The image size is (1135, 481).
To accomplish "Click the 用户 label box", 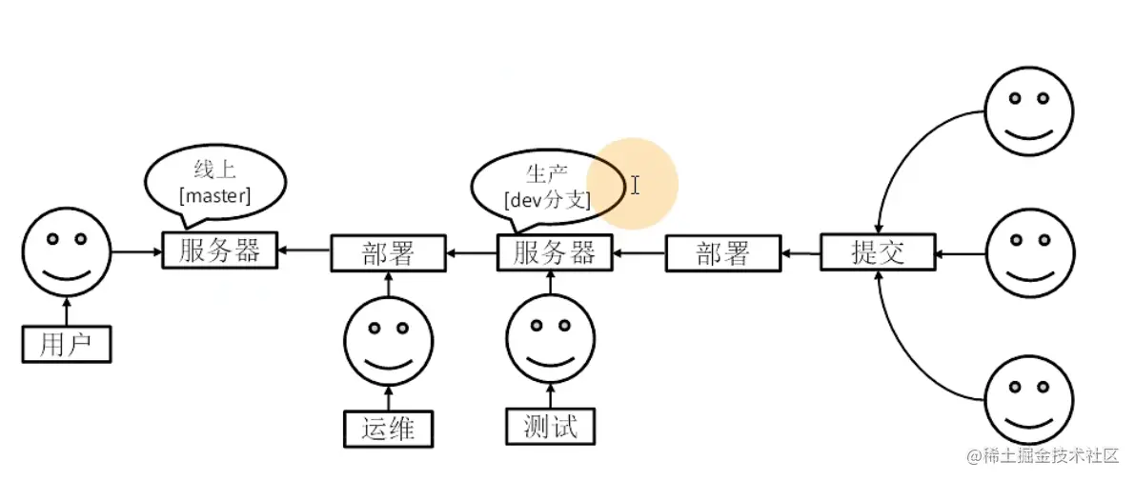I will click(66, 344).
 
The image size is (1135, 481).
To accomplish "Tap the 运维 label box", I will click(388, 428).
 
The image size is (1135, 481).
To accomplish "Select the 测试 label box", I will click(550, 426).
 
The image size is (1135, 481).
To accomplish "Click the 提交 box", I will click(877, 253).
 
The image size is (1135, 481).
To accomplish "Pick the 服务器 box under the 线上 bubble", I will click(219, 251).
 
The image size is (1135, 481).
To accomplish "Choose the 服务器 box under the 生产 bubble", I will click(555, 253).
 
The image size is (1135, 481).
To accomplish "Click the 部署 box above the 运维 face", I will click(389, 253).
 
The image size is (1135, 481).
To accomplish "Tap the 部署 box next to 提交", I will click(722, 253).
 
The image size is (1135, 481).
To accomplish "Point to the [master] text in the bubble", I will click(215, 196).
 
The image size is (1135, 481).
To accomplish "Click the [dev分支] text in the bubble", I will click(548, 200).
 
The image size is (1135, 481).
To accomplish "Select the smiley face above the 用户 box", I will click(67, 252).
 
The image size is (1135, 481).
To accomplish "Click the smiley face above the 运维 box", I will click(388, 341).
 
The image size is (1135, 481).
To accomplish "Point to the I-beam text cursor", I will click(635, 185).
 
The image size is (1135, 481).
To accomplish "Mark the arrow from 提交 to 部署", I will click(800, 253).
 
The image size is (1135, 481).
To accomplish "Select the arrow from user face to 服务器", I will click(136, 251).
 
